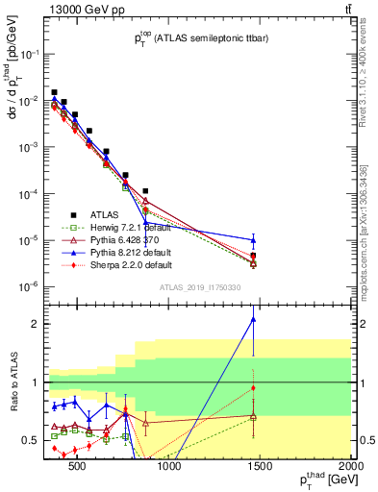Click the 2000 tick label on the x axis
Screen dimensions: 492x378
tap(350, 468)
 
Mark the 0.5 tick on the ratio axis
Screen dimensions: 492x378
tap(35, 440)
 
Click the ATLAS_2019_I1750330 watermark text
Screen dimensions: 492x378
tap(199, 286)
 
